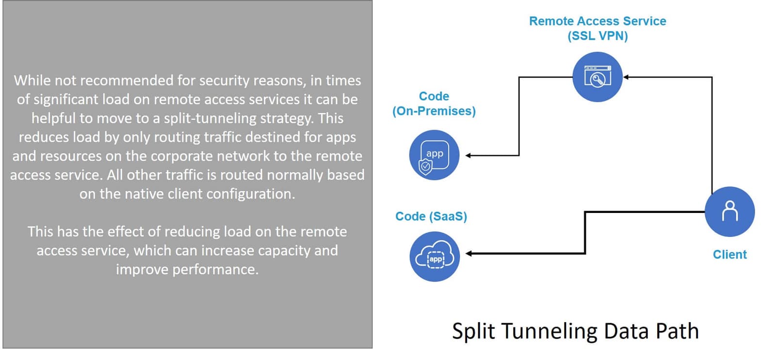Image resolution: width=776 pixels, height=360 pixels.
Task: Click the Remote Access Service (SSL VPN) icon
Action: coord(598,77)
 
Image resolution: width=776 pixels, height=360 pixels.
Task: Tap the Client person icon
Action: coord(729,212)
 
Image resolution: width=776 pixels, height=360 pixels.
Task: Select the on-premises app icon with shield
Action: coord(434,155)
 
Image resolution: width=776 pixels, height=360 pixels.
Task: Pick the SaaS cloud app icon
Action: coord(435,256)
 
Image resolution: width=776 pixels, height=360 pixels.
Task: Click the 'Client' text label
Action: coord(729,254)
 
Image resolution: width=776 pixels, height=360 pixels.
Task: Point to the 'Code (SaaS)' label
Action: coord(431,216)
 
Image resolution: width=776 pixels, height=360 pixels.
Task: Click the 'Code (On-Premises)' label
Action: coord(434,104)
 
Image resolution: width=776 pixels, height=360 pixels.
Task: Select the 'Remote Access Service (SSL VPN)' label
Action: coord(598,28)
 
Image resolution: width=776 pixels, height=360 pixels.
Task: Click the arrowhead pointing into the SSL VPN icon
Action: coord(626,77)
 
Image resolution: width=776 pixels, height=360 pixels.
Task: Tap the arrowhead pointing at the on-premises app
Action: coord(469,156)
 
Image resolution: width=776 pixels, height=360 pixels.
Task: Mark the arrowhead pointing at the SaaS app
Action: coord(469,253)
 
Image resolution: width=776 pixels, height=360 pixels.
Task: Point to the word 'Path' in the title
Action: coord(677,331)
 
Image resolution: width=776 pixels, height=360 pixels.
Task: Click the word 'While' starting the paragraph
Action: coord(32,81)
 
